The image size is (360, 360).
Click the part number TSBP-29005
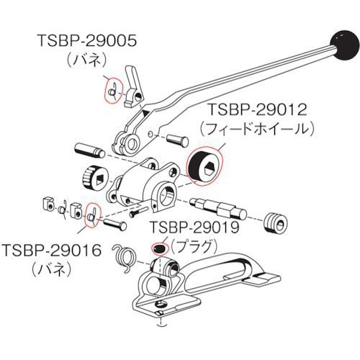87,40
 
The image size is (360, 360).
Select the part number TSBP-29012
257,109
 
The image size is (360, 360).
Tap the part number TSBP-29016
52,251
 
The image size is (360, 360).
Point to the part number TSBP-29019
194,227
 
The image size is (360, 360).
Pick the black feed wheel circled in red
204,166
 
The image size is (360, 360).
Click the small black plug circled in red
158,248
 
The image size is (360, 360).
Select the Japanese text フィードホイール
258,130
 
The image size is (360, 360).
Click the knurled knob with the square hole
94,178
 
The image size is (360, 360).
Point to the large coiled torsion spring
124,258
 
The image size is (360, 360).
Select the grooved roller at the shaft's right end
276,222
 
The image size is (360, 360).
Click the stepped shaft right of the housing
218,208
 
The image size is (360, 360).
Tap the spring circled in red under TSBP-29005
114,91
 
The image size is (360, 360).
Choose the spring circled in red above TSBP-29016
92,215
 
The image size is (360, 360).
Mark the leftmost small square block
49,204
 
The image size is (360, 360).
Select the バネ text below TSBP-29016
52,271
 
